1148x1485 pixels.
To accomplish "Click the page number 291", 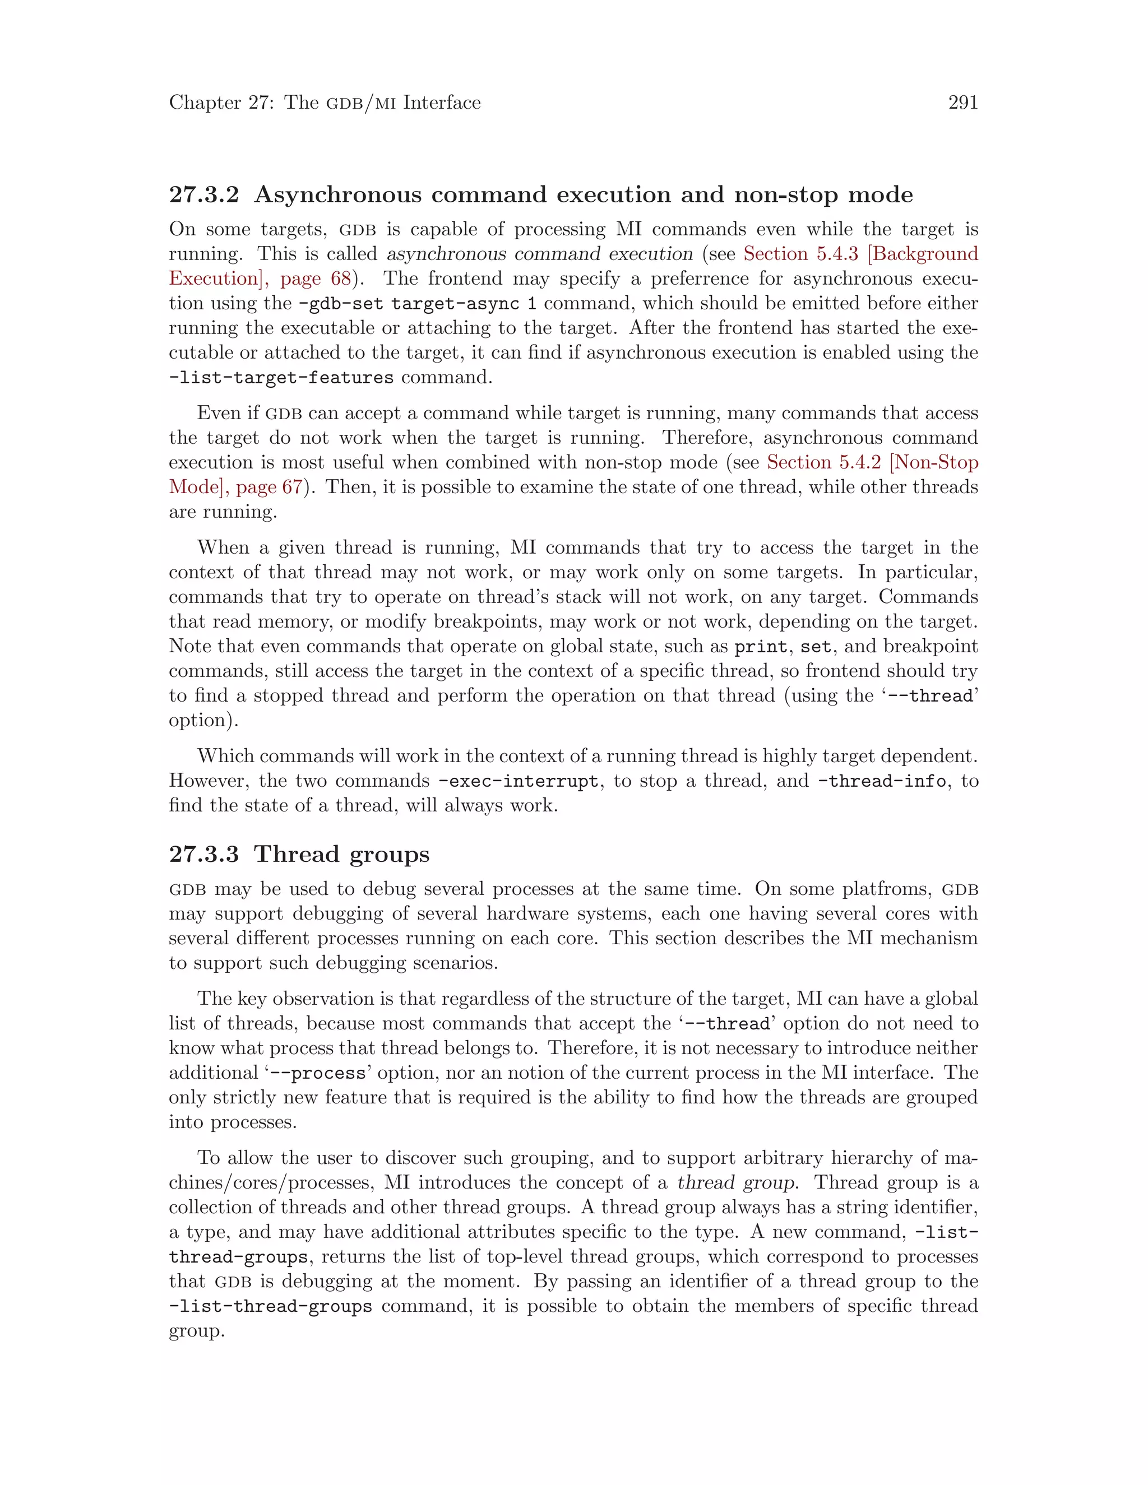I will (x=962, y=103).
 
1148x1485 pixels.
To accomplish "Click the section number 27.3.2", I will (x=204, y=195).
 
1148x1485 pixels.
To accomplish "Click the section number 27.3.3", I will (x=204, y=854).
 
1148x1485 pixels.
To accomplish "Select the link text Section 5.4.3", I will (x=800, y=254).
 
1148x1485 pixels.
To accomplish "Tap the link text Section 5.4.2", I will (x=823, y=462).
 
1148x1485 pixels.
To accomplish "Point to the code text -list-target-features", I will (x=281, y=377).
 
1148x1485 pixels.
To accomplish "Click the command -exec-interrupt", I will (x=519, y=781).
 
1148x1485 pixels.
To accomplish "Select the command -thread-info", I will (x=881, y=781).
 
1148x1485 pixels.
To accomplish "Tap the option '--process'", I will (x=318, y=1073).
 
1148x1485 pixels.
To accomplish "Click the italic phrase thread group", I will (x=736, y=1182).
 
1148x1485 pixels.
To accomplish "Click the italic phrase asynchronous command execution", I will (x=539, y=254).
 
